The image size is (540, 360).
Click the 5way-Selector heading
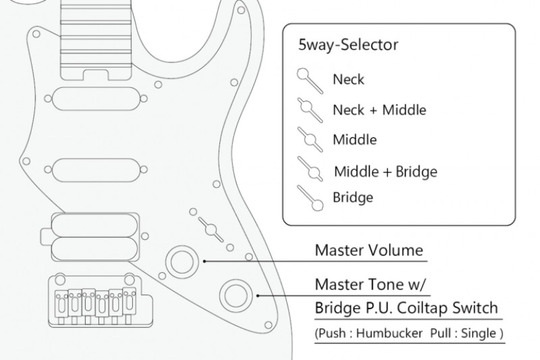click(x=348, y=45)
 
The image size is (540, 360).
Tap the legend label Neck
click(x=348, y=79)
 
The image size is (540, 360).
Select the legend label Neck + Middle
click(x=379, y=109)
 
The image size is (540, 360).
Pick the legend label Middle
click(x=354, y=140)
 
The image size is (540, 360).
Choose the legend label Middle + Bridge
click(x=385, y=172)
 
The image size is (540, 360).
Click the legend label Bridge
click(x=352, y=198)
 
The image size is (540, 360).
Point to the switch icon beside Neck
click(x=309, y=80)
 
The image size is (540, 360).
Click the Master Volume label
click(x=369, y=251)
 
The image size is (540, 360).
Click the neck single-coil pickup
click(x=96, y=99)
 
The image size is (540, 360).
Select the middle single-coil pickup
click(x=96, y=170)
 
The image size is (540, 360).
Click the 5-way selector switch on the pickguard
click(x=210, y=228)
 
